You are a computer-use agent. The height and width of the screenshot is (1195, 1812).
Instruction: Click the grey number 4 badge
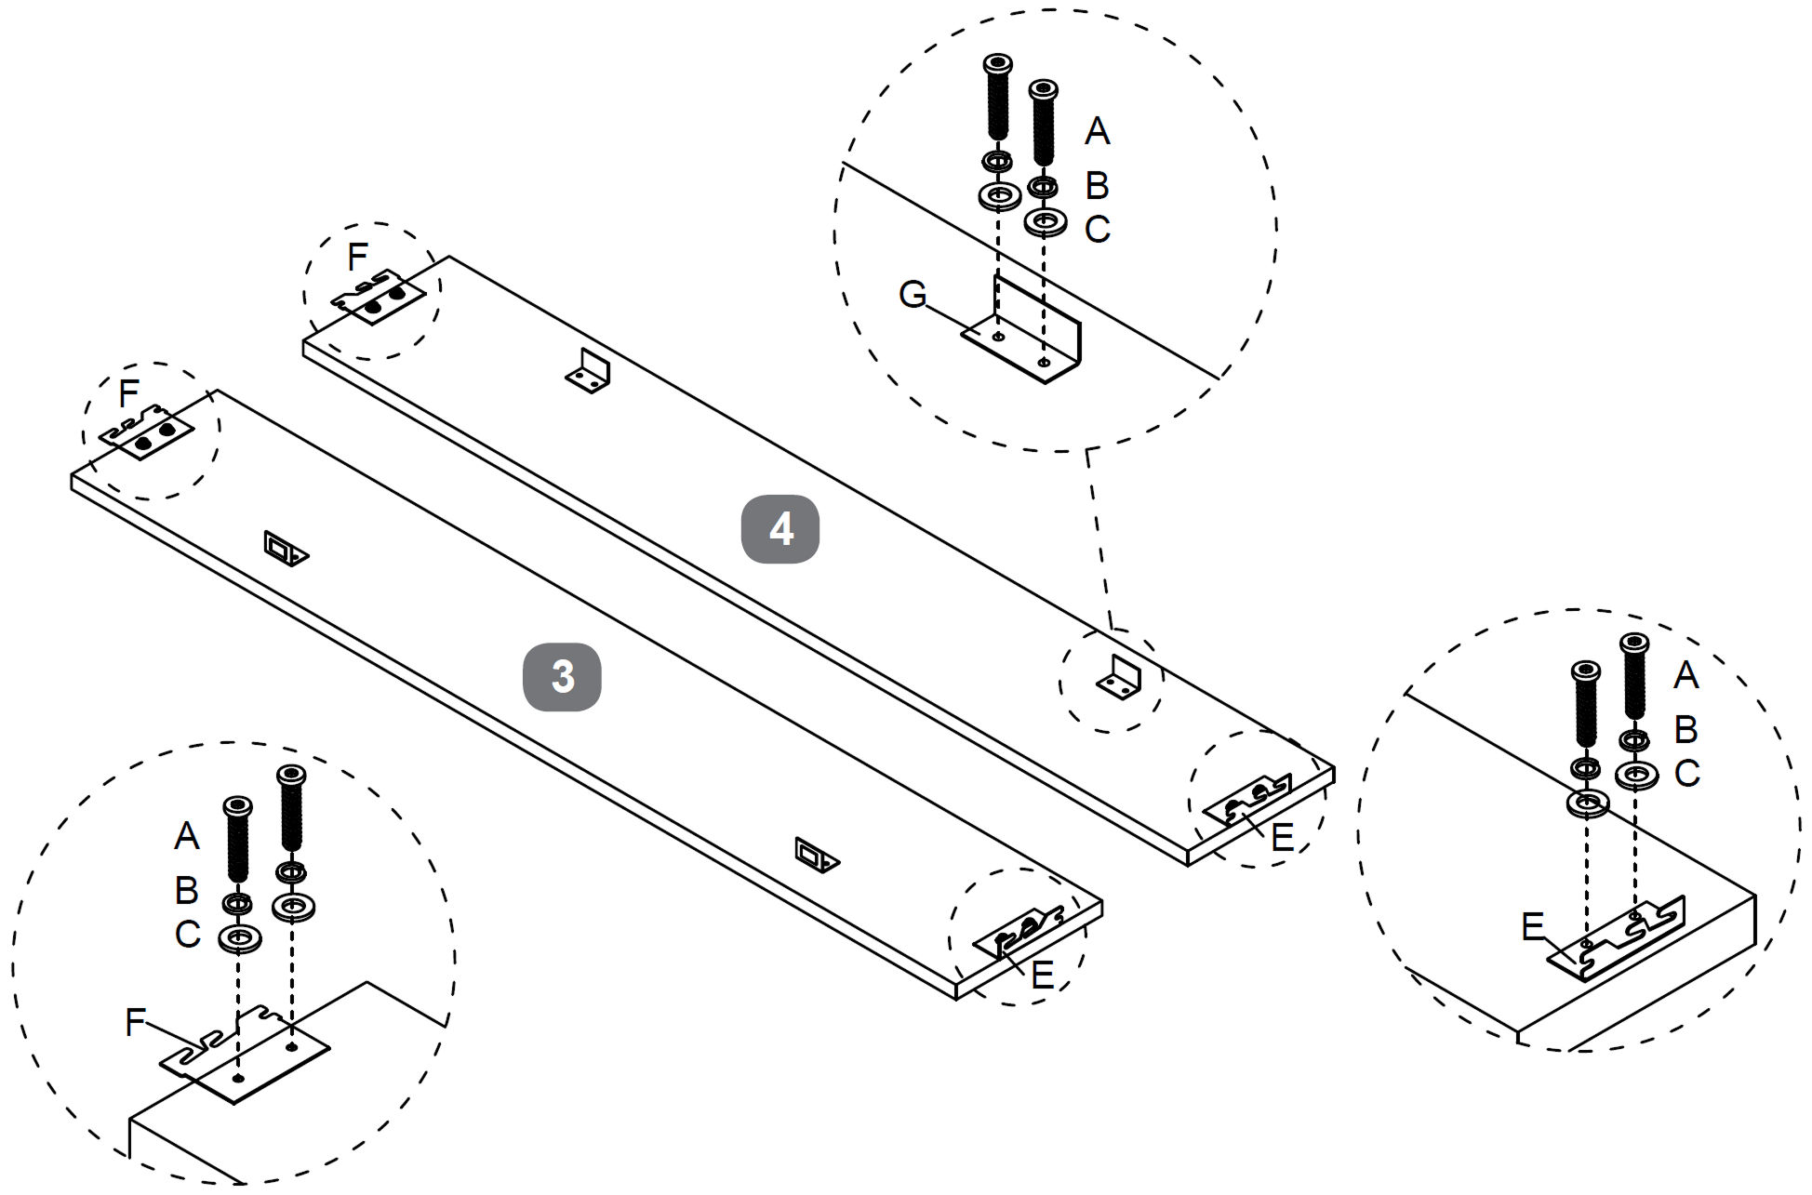pyautogui.click(x=779, y=529)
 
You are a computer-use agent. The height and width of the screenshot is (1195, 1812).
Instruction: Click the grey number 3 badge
pyautogui.click(x=562, y=677)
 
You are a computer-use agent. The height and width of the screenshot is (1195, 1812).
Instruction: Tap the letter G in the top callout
pyautogui.click(x=913, y=295)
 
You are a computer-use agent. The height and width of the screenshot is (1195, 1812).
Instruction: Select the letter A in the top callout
pyautogui.click(x=1098, y=131)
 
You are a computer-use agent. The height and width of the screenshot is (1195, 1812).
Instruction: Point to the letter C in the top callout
pyautogui.click(x=1098, y=229)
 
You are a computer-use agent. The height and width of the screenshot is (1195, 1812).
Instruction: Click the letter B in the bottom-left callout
pyautogui.click(x=187, y=891)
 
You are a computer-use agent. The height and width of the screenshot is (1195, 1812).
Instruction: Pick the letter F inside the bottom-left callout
pyautogui.click(x=136, y=1023)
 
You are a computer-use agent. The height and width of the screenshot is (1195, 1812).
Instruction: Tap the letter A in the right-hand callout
pyautogui.click(x=1686, y=675)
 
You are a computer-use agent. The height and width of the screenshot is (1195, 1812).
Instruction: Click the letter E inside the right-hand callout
pyautogui.click(x=1533, y=926)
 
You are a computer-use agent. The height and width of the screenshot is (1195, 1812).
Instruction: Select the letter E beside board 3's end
pyautogui.click(x=1043, y=975)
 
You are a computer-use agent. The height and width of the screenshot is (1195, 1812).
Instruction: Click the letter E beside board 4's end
pyautogui.click(x=1282, y=838)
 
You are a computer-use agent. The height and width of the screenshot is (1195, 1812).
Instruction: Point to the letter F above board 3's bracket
pyautogui.click(x=129, y=394)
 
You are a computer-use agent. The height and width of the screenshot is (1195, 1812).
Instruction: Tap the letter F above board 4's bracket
pyautogui.click(x=357, y=257)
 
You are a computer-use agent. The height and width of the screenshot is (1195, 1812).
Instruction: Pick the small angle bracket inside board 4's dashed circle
pyautogui.click(x=1121, y=678)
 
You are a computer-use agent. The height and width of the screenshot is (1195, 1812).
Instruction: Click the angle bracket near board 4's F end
pyautogui.click(x=589, y=372)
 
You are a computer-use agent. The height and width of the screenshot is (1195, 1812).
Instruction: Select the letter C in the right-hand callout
pyautogui.click(x=1686, y=774)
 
